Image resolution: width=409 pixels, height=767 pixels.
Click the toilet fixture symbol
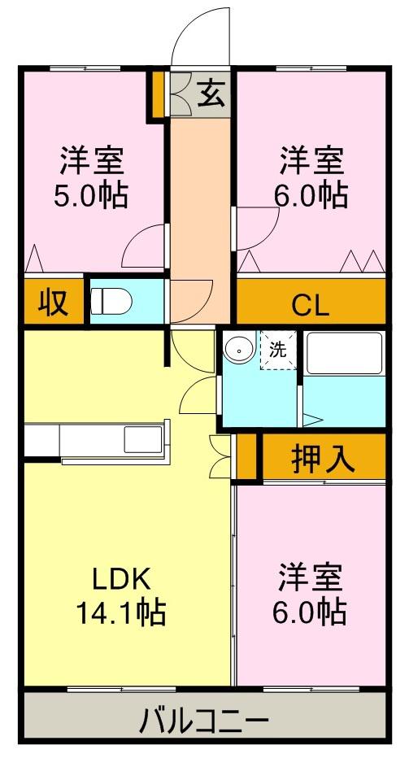coord(111,300)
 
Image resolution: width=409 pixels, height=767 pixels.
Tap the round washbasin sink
coord(239,349)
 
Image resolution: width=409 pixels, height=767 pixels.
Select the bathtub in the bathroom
coord(345,353)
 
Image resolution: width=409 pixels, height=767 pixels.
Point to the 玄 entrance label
coord(212,93)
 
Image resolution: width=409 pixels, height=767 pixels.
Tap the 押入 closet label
coord(323,459)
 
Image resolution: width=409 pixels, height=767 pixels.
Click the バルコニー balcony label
coord(204,721)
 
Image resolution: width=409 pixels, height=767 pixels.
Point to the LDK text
coord(121,581)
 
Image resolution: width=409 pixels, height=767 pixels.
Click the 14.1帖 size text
coord(121,612)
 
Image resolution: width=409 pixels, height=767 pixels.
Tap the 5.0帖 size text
coord(90,196)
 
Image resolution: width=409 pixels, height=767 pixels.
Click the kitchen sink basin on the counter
coord(143,438)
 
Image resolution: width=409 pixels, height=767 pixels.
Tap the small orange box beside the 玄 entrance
coord(158,94)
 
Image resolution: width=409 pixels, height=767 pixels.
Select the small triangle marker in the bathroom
coord(312,419)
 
